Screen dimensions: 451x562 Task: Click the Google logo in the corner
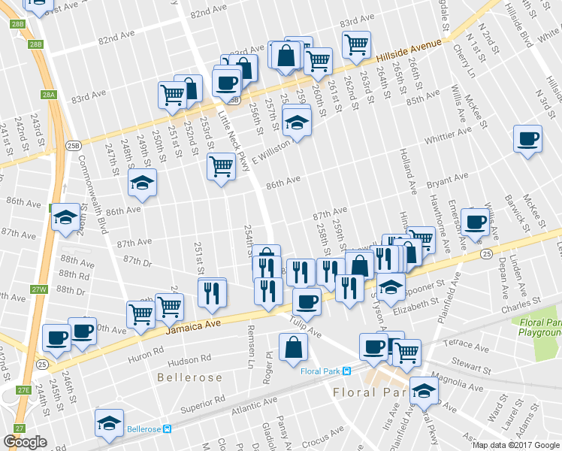tap(25, 441)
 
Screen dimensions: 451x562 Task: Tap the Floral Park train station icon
tap(347, 371)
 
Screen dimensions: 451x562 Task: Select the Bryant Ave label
tap(448, 180)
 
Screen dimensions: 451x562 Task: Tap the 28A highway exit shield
tap(49, 95)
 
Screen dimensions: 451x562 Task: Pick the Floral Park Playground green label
tap(539, 328)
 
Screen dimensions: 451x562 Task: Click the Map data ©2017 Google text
tap(516, 445)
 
